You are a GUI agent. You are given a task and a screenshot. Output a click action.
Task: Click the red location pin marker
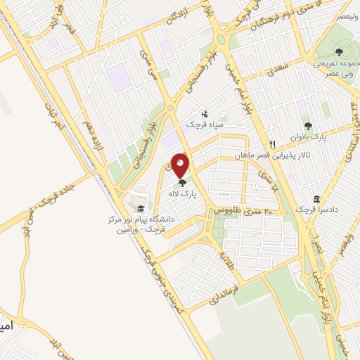pos(181,167)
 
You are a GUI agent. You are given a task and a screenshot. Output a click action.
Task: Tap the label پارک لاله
pos(185,191)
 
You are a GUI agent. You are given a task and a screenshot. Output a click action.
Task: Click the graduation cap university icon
pos(141,208)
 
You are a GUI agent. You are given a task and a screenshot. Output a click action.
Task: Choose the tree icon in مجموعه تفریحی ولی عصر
pos(339,51)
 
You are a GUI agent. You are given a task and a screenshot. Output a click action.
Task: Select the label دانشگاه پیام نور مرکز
pos(141,219)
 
